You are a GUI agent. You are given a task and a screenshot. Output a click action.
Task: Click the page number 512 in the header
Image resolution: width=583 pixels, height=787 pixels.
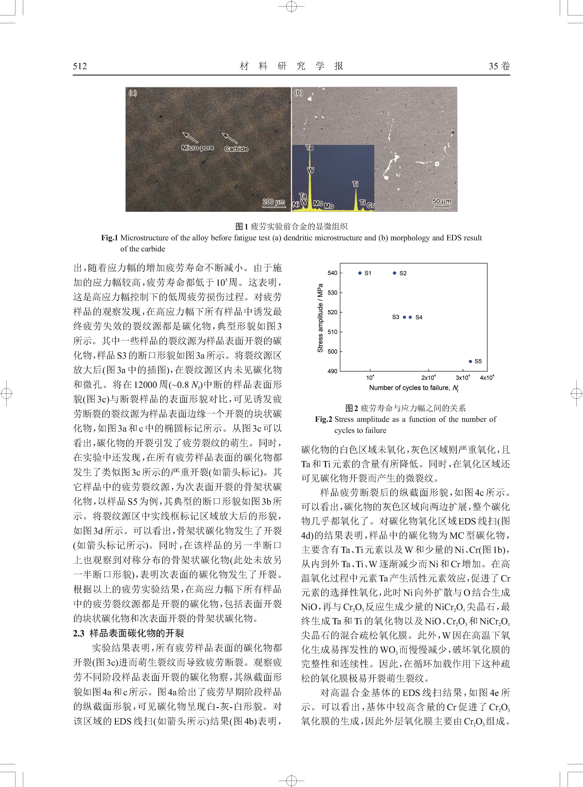80,66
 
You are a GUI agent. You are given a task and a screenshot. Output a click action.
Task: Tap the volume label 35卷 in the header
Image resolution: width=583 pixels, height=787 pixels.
499,66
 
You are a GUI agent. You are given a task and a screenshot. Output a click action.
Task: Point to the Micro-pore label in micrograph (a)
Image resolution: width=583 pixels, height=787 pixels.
198,148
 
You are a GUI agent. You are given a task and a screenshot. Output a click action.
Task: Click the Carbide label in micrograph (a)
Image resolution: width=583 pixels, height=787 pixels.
236,149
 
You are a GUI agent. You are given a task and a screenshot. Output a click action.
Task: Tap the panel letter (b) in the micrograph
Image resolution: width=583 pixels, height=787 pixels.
299,93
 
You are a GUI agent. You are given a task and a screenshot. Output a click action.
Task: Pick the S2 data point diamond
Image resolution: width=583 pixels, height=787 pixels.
395,273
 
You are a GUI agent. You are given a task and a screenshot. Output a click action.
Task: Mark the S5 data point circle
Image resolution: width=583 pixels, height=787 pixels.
470,361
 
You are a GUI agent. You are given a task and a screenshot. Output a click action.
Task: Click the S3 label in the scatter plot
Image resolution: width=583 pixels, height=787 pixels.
396,317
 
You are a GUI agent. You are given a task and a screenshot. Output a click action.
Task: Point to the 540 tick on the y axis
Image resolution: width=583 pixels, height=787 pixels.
333,273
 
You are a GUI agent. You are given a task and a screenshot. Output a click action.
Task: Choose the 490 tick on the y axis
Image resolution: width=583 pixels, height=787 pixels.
333,371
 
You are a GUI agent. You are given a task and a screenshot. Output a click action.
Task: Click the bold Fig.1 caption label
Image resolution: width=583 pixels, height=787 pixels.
109,238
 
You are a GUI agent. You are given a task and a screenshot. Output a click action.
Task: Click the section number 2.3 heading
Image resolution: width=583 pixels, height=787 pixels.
79,633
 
